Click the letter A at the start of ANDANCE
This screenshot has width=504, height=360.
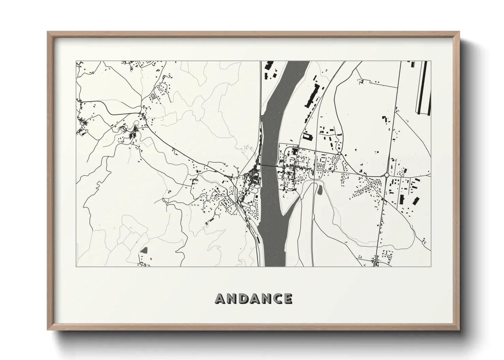coord(220,299)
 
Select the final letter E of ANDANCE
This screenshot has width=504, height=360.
coord(288,299)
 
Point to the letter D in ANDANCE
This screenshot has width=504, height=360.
coord(243,299)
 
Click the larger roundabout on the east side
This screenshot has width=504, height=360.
coord(387,175)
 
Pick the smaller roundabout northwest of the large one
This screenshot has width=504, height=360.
coord(340,154)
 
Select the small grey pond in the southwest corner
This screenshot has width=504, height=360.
coord(144,251)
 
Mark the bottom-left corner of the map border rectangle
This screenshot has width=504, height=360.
coord(76,266)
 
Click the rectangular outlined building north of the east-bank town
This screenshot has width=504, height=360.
coord(308,137)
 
